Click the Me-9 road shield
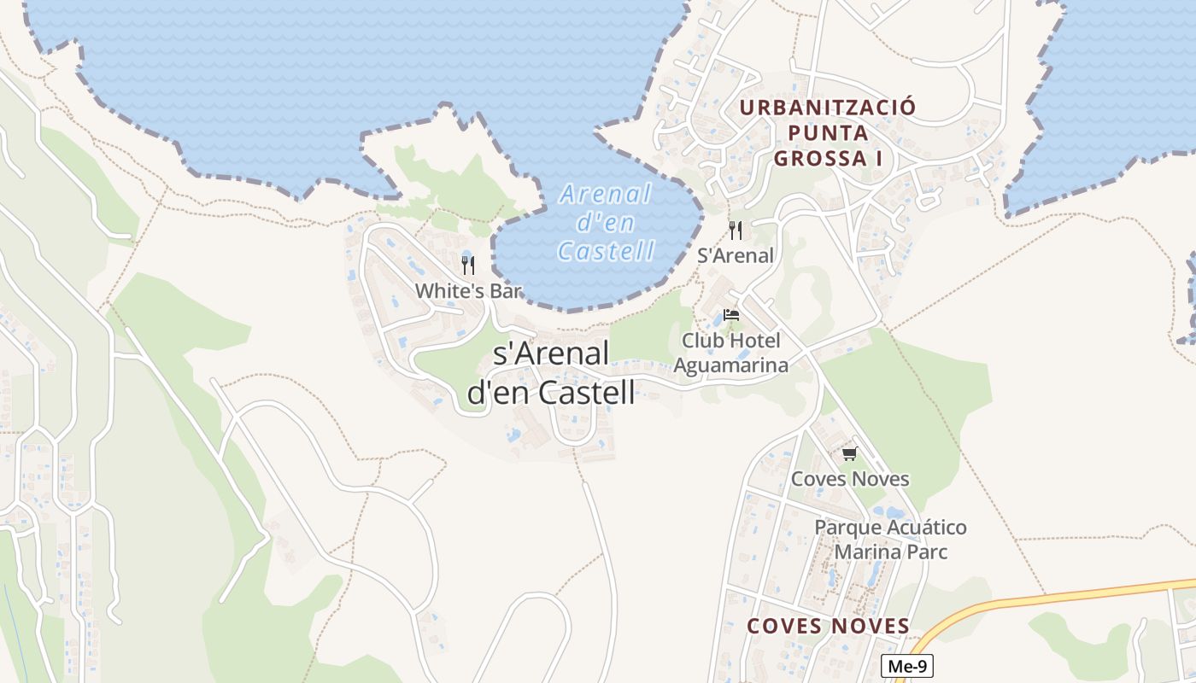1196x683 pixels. pos(906,666)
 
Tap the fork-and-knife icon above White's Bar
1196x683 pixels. pos(467,266)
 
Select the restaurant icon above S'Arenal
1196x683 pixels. pos(736,231)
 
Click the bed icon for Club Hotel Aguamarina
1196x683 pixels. pos(730,315)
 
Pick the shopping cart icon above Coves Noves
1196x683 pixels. pos(848,453)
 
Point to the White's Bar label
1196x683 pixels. pos(468,291)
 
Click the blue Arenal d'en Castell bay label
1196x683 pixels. pos(606,222)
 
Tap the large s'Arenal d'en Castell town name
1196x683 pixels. pos(552,373)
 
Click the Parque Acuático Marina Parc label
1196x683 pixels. pos(890,540)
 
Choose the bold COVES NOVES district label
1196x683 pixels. pos(828,627)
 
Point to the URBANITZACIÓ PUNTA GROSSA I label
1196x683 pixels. pos(827,133)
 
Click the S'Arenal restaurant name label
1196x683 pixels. pos(736,255)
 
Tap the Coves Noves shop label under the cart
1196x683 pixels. pos(850,479)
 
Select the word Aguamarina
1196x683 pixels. pos(730,365)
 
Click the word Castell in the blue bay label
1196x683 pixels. pos(606,251)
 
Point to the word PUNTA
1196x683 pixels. pos(828,133)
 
